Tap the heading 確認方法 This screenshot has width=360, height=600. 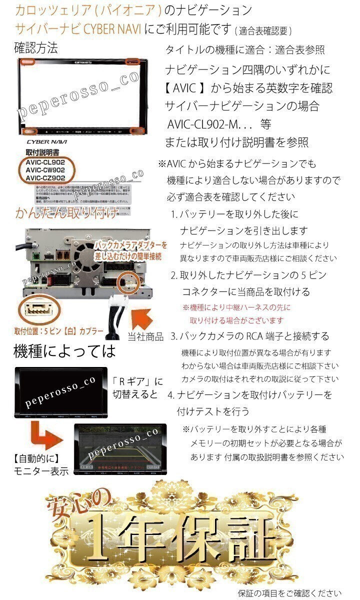coord(36,48)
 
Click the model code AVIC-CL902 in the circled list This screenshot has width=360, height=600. coord(45,162)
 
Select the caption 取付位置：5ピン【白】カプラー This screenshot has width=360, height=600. coord(59,331)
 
